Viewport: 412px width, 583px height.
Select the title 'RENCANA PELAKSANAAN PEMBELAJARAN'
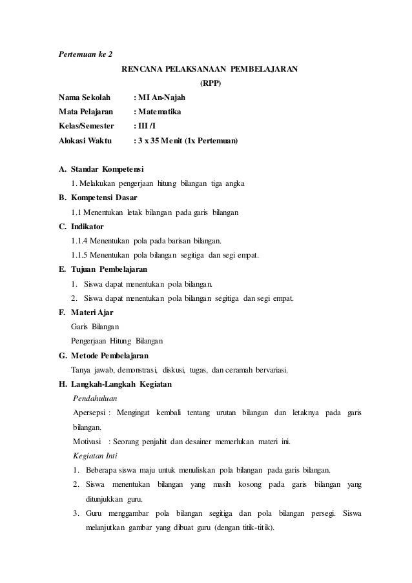210,69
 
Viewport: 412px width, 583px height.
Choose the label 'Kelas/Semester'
86,126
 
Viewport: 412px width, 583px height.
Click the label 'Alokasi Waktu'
85,140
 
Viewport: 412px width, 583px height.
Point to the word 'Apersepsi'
90,413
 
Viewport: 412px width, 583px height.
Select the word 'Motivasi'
88,442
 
